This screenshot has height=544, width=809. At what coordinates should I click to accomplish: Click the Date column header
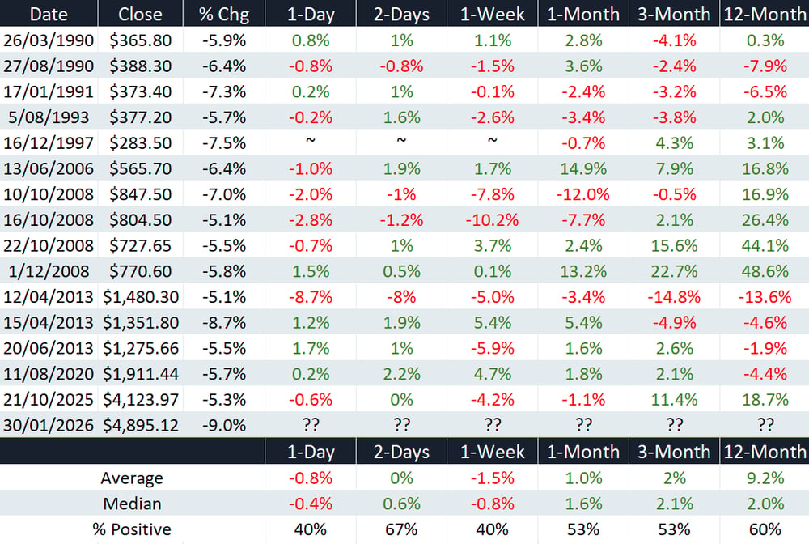coord(49,14)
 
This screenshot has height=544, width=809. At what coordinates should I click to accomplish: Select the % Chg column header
coord(224,14)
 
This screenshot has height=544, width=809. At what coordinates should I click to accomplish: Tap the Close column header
coord(140,14)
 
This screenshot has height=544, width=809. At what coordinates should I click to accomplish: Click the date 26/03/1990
coord(49,40)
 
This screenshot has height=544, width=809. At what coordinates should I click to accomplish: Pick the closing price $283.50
coord(140,143)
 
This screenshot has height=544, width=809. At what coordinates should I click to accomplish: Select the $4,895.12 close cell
coord(141,425)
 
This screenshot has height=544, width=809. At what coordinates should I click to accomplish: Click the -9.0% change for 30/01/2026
coord(224,425)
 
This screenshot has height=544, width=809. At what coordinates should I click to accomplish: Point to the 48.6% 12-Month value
coord(765,271)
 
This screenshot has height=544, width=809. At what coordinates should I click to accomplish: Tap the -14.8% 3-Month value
coord(675,297)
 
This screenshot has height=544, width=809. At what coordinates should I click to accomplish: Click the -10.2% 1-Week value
coord(492,220)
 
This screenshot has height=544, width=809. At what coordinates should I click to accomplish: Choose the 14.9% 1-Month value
coord(583,168)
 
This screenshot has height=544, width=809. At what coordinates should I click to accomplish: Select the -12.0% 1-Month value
coord(583,194)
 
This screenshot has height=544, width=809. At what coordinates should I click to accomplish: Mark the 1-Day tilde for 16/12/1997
coord(310,140)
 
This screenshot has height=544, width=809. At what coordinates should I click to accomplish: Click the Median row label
coord(132,504)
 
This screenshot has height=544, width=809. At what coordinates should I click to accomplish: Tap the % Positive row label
coord(132,529)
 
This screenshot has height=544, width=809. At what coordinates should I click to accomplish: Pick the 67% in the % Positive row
coord(401,529)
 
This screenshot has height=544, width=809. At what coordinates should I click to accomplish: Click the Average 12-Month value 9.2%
coord(765,478)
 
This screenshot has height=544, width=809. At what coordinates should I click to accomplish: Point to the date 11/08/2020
coord(49,374)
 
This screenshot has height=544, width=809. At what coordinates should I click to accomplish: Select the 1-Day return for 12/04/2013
coord(310,297)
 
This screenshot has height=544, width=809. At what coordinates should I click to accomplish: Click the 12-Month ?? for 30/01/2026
coord(765,425)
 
